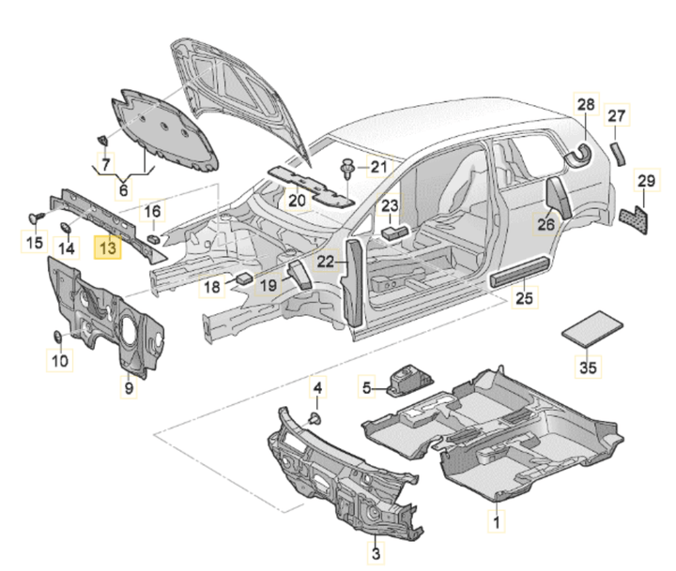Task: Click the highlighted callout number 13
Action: click(x=109, y=248)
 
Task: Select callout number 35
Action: click(x=587, y=368)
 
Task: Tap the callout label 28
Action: click(x=586, y=104)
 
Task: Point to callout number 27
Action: click(x=615, y=116)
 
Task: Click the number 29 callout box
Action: click(x=645, y=181)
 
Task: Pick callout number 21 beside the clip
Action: click(x=377, y=168)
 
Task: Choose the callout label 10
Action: click(x=59, y=361)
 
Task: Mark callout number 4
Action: click(x=316, y=387)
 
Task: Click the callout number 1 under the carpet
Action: click(x=498, y=518)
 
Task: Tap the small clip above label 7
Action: click(x=101, y=141)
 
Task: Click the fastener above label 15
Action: click(x=38, y=217)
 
